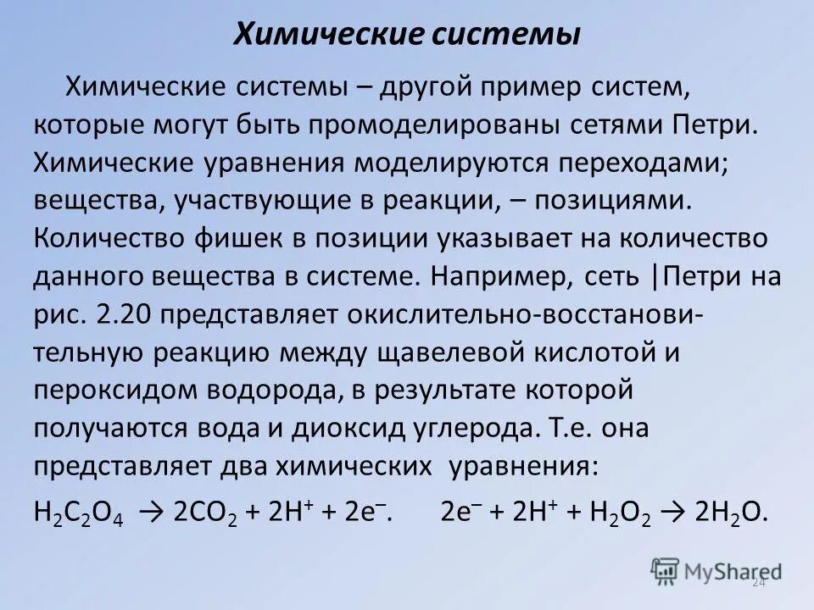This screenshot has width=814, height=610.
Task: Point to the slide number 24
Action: tap(757, 583)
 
